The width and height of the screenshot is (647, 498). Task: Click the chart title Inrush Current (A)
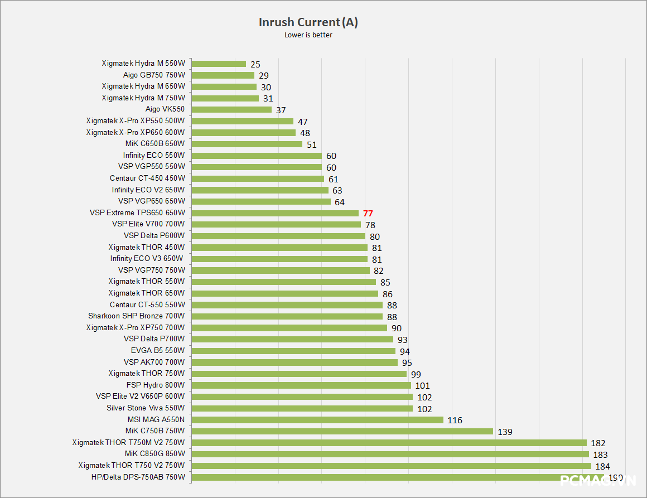[308, 22]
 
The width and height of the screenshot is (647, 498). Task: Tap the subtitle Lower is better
[308, 35]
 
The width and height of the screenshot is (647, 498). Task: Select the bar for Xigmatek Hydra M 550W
[219, 64]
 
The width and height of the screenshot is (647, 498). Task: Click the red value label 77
[368, 213]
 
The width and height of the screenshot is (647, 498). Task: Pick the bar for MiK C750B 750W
[342, 431]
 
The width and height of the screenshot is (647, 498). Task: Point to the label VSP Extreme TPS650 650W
[137, 212]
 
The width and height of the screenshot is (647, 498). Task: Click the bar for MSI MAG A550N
[317, 419]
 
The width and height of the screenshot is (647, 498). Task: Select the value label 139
[505, 432]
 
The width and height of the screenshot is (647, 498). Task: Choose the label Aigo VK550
[165, 109]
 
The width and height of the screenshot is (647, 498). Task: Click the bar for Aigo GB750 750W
[223, 75]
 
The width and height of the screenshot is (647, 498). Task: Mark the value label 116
[455, 420]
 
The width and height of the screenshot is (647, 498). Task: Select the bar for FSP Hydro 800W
[301, 385]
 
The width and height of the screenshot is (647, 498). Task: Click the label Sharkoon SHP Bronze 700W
[136, 316]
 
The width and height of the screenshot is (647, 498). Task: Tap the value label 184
[602, 466]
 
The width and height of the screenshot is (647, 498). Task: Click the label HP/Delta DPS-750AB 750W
[138, 477]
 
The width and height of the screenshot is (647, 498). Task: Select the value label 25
[255, 64]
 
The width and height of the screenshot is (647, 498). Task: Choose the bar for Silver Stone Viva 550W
[302, 408]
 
